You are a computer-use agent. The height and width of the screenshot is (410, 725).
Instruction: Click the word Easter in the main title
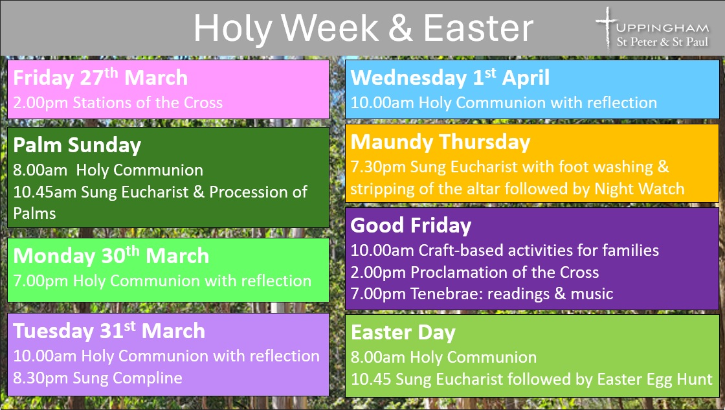pyautogui.click(x=478, y=28)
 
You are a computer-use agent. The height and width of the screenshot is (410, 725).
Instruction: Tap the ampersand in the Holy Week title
pyautogui.click(x=401, y=28)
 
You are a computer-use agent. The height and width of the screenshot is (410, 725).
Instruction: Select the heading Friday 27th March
pyautogui.click(x=100, y=77)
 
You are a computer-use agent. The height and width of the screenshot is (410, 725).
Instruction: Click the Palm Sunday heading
pyautogui.click(x=77, y=146)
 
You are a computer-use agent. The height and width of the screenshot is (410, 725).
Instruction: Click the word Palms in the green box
pyautogui.click(x=35, y=213)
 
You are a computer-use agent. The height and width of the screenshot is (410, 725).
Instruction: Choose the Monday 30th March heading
pyautogui.click(x=111, y=255)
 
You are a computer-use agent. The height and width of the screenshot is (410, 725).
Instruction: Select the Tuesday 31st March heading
pyautogui.click(x=109, y=331)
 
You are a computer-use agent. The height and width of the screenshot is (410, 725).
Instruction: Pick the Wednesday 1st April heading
pyautogui.click(x=450, y=77)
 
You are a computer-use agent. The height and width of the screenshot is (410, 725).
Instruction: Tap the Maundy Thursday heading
pyautogui.click(x=440, y=142)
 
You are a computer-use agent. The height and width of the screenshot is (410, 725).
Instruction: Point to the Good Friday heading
pyautogui.click(x=410, y=225)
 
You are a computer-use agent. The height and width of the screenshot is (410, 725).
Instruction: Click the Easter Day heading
pyautogui.click(x=403, y=333)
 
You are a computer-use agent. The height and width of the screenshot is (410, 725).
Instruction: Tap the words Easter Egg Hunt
pyautogui.click(x=654, y=380)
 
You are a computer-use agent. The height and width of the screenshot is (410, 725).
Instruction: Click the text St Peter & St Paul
pyautogui.click(x=662, y=41)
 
